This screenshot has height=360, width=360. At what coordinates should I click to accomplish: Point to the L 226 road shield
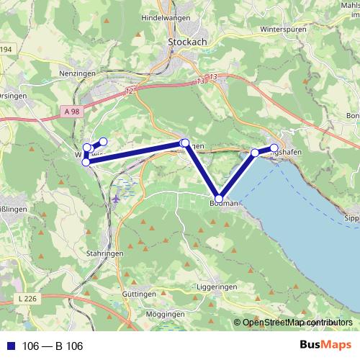click(x=26, y=298)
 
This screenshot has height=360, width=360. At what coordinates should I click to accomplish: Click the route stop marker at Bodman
click(x=219, y=198)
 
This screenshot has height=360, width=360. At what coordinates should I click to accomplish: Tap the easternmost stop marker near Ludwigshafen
click(x=274, y=148)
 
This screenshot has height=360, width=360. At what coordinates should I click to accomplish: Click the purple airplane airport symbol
click(x=117, y=198)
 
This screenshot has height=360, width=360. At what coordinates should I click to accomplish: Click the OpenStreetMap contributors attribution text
click(x=297, y=323)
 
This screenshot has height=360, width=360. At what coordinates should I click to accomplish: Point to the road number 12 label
click(x=128, y=91)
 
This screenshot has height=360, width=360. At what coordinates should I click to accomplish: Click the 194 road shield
click(x=6, y=49)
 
